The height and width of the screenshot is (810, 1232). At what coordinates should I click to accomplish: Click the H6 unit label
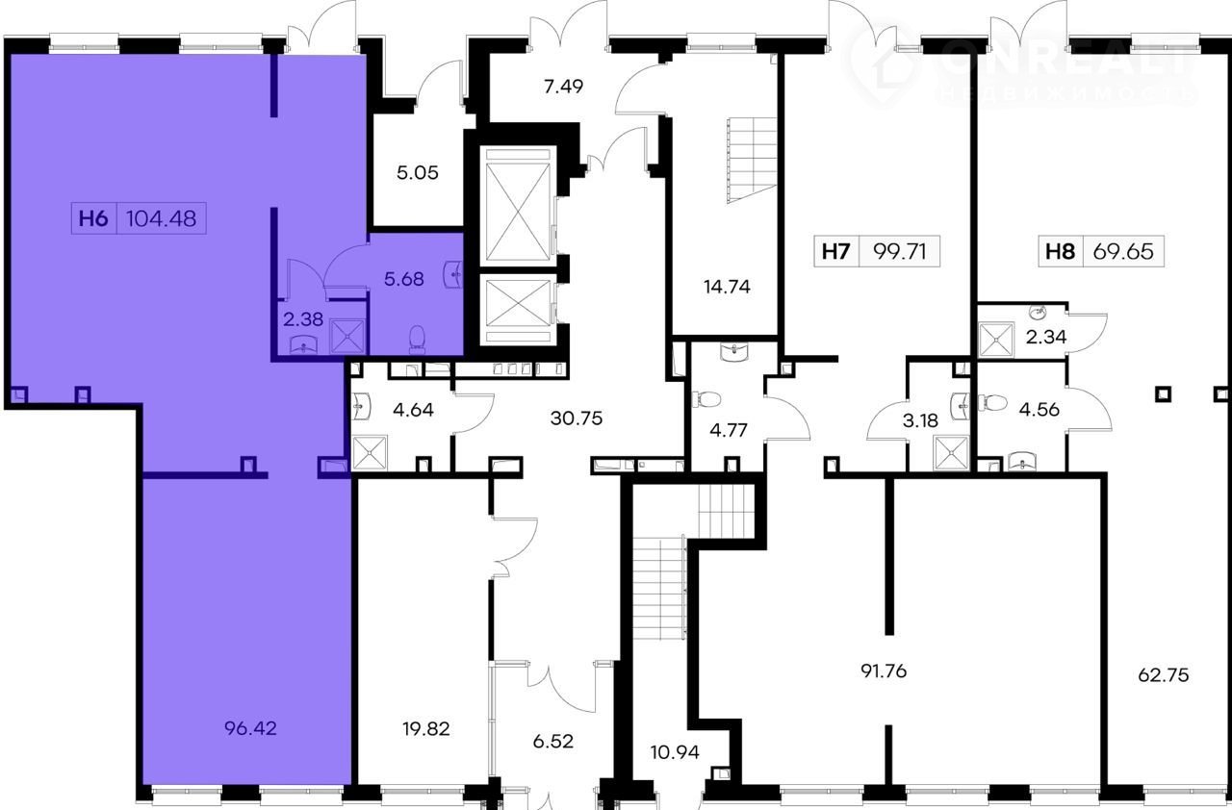93,218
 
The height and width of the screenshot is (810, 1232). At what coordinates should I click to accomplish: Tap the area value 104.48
161,218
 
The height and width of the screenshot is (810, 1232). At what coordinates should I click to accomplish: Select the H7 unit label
836,252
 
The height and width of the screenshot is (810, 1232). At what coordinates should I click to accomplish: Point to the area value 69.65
1123,252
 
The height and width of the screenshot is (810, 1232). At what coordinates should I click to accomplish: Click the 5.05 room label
418,173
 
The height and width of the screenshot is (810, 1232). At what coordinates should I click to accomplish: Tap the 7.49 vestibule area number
563,87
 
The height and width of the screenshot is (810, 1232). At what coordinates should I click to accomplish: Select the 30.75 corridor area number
577,418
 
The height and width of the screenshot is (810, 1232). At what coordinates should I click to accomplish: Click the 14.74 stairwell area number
727,287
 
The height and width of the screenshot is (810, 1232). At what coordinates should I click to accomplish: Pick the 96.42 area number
250,728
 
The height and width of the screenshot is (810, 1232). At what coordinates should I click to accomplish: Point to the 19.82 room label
425,729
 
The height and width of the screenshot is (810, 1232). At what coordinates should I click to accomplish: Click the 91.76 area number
884,671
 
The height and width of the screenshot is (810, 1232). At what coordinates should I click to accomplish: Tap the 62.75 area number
1164,674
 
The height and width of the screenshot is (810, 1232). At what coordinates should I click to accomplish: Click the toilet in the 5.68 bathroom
418,339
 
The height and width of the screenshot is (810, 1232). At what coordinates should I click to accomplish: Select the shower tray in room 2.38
347,337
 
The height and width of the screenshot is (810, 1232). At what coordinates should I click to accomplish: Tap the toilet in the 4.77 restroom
707,399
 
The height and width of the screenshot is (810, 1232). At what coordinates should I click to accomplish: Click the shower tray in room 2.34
996,341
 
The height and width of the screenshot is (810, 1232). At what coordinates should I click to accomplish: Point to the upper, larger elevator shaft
518,206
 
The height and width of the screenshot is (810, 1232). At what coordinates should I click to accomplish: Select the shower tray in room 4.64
370,453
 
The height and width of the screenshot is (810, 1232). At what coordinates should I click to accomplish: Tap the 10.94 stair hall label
675,752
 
